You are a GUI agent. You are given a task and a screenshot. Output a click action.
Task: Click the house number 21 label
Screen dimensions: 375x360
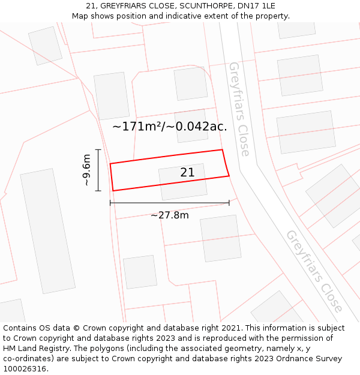click(x=187, y=173)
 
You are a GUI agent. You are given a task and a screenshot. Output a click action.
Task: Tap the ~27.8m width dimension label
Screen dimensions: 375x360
click(x=169, y=215)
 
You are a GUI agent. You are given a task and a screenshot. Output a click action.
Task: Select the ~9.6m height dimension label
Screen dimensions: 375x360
click(x=87, y=170)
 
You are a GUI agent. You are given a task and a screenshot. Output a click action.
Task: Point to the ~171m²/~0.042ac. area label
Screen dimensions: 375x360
click(x=170, y=127)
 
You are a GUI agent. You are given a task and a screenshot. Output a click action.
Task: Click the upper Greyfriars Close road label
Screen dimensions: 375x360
click(x=239, y=109)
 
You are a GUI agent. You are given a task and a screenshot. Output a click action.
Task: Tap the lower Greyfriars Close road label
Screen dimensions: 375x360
click(x=314, y=271)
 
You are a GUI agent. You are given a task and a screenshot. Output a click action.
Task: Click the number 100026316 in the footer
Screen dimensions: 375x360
click(x=25, y=369)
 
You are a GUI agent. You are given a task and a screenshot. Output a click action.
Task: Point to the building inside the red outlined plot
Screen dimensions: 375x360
click(x=182, y=182)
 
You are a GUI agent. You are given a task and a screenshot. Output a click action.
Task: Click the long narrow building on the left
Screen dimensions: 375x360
click(x=48, y=231)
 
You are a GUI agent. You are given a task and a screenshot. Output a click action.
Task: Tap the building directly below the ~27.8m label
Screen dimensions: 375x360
click(x=220, y=238)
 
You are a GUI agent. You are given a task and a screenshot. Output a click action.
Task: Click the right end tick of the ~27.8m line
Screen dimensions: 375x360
click(x=229, y=203)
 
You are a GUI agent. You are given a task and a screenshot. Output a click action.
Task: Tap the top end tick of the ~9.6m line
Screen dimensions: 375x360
click(x=98, y=150)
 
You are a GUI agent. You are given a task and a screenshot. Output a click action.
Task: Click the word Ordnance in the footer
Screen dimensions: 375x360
click(x=284, y=359)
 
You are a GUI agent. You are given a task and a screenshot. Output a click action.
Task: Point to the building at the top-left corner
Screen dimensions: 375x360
click(x=45, y=45)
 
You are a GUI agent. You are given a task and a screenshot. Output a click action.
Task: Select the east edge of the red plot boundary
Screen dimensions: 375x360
click(x=226, y=163)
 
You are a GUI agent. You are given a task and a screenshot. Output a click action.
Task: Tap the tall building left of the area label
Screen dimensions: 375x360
click(x=112, y=95)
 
